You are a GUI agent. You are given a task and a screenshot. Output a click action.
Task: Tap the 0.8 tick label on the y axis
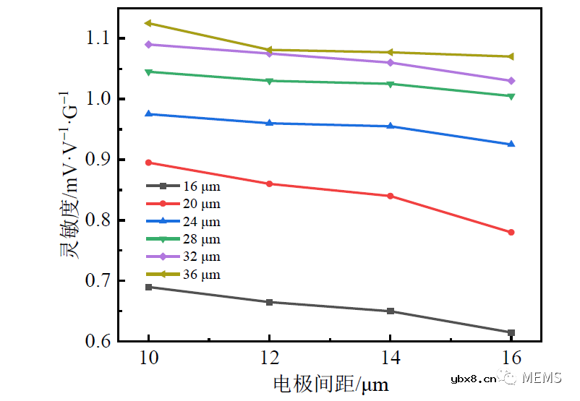[x=94, y=220]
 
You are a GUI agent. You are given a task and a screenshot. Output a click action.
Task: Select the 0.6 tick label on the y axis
[x=94, y=341]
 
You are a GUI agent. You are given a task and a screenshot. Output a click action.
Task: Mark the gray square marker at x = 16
[x=511, y=332]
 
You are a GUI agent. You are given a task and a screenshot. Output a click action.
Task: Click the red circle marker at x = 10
[x=148, y=163]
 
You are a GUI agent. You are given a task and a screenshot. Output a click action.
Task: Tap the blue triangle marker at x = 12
[x=269, y=123]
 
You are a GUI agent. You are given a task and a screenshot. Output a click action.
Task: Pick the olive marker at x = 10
[x=148, y=23]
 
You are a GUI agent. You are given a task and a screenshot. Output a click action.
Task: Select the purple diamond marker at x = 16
[x=511, y=80]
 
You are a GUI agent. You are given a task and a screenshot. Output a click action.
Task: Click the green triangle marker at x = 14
[x=391, y=84]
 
